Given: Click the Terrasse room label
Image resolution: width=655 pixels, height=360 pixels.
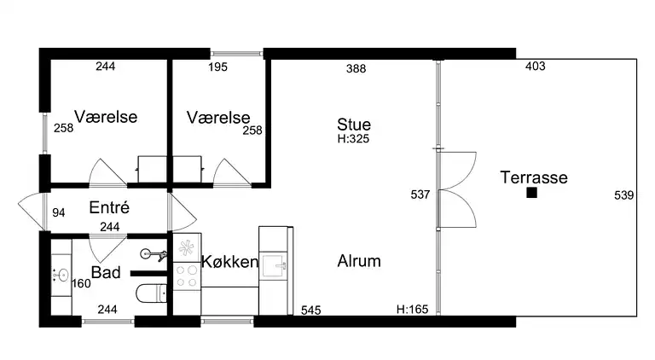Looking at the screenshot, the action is (x=534, y=177).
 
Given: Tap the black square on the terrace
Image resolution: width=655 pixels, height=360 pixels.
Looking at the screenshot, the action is (x=532, y=193).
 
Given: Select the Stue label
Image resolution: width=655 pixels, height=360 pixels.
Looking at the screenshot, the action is (x=354, y=125).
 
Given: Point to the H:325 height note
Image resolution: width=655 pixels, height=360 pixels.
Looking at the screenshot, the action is (x=353, y=139).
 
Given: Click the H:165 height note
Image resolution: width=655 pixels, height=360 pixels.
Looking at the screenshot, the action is (x=412, y=309).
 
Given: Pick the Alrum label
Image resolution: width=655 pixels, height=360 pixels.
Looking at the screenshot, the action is (x=359, y=261).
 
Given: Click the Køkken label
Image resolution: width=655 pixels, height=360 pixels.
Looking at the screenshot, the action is (x=229, y=262).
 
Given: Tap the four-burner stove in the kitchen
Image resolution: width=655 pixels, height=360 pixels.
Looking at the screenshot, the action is (x=187, y=276).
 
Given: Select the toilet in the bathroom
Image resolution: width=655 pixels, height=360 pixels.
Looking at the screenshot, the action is (x=152, y=293).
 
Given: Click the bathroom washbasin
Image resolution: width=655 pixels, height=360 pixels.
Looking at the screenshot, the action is (x=61, y=276).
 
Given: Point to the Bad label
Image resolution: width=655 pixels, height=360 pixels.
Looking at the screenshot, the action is (x=106, y=272).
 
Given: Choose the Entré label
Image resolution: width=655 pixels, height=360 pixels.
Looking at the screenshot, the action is (x=109, y=207).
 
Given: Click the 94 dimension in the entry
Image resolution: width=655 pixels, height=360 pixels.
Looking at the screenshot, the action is (x=59, y=213).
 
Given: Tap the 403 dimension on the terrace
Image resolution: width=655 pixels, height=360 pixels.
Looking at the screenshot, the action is (x=535, y=66).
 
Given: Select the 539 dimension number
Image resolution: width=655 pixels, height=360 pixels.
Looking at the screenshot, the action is (x=624, y=195).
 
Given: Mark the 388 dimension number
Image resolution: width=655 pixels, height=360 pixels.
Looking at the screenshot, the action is (x=356, y=68).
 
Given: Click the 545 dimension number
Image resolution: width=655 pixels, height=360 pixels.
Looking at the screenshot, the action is (x=310, y=311).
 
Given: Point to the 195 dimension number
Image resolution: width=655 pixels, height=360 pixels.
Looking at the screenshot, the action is (x=217, y=67).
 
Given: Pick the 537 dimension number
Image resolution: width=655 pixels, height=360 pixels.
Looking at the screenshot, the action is (x=420, y=195).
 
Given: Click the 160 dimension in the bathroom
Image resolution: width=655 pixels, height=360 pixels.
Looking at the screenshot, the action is (x=81, y=283).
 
